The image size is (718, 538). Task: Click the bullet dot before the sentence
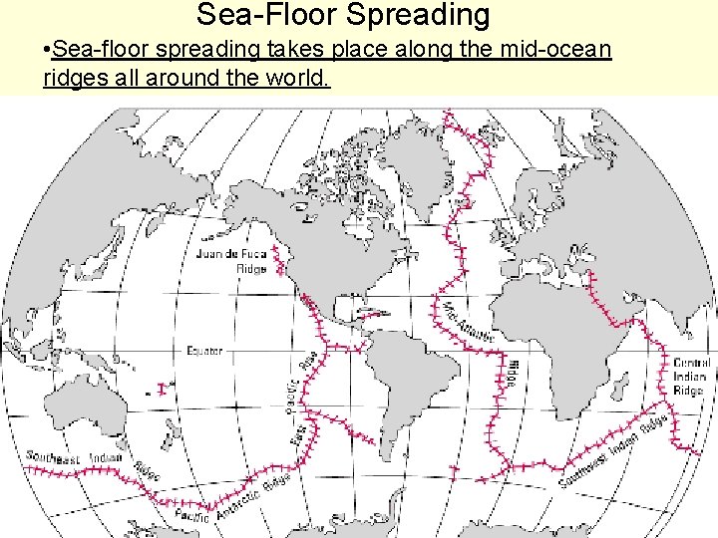(49, 50)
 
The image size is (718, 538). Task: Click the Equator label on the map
(204, 351)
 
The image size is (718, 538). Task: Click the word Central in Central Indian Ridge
(691, 364)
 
